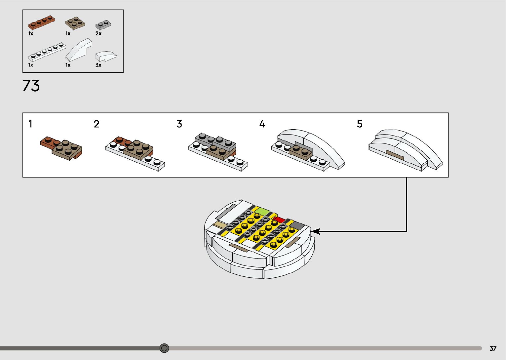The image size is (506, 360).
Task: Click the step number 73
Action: [x=31, y=86]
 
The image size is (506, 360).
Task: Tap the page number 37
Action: [x=493, y=348]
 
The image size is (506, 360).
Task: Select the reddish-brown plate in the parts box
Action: [x=41, y=22]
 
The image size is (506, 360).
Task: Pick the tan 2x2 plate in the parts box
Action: [x=75, y=23]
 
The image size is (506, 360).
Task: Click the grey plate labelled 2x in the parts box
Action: [x=103, y=25]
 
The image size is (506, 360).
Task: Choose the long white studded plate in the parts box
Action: [x=47, y=52]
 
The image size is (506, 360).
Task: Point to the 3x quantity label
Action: [x=98, y=65]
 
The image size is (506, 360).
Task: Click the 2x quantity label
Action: [x=98, y=33]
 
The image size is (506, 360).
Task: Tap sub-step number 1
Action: [x=30, y=124]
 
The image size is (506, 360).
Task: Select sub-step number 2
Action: [x=97, y=124]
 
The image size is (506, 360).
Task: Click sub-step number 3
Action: [x=179, y=124]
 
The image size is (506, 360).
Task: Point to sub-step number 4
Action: [x=262, y=124]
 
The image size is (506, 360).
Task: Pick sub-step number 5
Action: [x=360, y=124]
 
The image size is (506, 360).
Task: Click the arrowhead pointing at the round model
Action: [x=316, y=231]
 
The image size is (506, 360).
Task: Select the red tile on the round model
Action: [x=279, y=219]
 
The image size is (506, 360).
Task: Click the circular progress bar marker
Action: [x=164, y=348]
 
